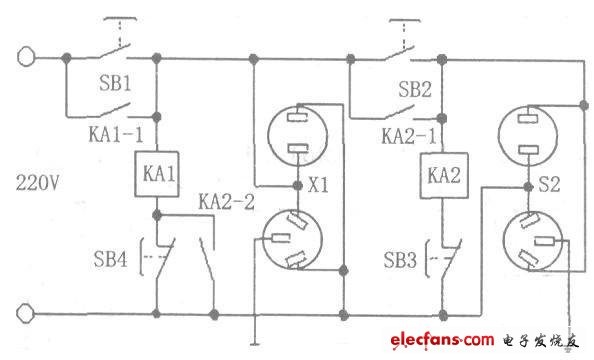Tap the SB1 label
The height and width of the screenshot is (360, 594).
115,83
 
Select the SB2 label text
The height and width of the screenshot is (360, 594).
415,90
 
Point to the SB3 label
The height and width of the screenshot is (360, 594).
400,260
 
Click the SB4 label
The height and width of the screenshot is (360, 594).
110,259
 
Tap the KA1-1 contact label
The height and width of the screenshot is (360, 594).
116,134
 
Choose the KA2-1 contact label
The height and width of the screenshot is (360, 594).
409,136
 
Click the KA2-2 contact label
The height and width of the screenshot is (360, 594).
227,202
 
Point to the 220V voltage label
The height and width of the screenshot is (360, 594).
38,183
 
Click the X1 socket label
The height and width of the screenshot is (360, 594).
318,185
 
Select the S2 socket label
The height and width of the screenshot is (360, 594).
549,185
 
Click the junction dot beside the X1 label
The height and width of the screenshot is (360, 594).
298,186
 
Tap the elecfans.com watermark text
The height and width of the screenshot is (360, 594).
442,340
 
